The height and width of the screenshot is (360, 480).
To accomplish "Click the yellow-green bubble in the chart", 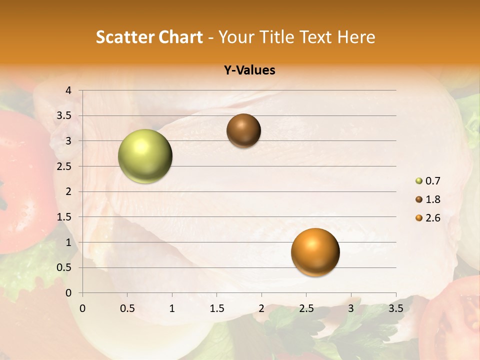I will point(145,156).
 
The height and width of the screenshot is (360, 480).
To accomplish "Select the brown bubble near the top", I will point(243,130).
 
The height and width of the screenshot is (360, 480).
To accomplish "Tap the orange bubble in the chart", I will point(315,252).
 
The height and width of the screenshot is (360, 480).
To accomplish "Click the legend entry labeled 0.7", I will point(428,181).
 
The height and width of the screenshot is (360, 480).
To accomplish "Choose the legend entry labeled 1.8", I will point(428,199).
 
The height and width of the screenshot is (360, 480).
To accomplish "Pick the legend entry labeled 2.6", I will point(428,218).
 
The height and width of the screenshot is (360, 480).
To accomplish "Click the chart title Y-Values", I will point(249,70).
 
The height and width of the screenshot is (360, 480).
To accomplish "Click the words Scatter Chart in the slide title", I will point(149,37).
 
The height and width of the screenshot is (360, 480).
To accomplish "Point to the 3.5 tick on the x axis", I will point(395,308).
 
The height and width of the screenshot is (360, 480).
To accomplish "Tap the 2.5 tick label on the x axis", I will point(306,308).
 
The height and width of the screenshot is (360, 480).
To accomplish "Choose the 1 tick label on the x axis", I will point(172,308).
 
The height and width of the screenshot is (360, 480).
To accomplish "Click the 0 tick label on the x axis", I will point(82,308).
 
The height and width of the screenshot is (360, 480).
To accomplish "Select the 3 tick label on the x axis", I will point(351,308).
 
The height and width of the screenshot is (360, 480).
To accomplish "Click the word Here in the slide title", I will point(356,37).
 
